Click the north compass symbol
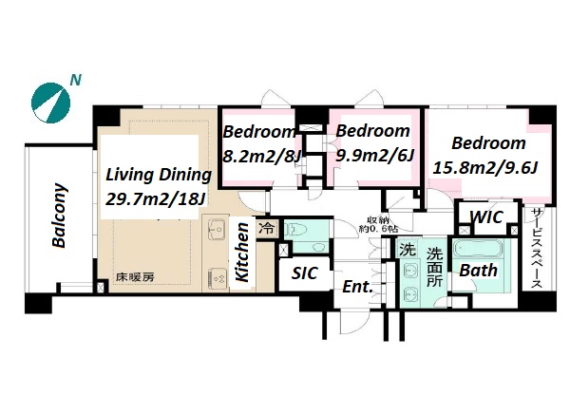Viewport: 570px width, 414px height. pyautogui.click(x=50, y=103)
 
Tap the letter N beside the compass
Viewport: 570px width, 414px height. pyautogui.click(x=75, y=80)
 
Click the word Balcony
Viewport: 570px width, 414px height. pyautogui.click(x=59, y=216)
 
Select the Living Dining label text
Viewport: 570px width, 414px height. pyautogui.click(x=159, y=175)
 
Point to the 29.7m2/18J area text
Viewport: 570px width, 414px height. pyautogui.click(x=156, y=198)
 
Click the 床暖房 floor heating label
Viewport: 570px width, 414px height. pyautogui.click(x=135, y=277)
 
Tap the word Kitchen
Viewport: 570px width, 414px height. pyautogui.click(x=242, y=252)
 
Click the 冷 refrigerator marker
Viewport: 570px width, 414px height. pyautogui.click(x=266, y=229)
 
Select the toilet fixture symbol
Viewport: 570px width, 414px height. pyautogui.click(x=296, y=230)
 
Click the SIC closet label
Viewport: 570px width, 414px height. pyautogui.click(x=305, y=273)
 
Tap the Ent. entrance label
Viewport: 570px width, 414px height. pyautogui.click(x=358, y=287)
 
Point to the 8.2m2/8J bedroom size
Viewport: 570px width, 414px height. pyautogui.click(x=262, y=157)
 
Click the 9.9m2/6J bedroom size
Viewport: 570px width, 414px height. pyautogui.click(x=375, y=156)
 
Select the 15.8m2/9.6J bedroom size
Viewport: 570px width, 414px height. pyautogui.click(x=484, y=168)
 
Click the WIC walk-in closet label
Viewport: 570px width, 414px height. pyautogui.click(x=486, y=217)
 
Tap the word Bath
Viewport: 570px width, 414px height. pyautogui.click(x=479, y=271)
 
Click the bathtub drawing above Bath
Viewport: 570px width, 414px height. pyautogui.click(x=479, y=249)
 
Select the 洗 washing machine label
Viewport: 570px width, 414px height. pyautogui.click(x=408, y=250)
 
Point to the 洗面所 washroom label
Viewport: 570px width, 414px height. pyautogui.click(x=434, y=268)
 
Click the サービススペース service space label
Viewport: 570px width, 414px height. pyautogui.click(x=536, y=248)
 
